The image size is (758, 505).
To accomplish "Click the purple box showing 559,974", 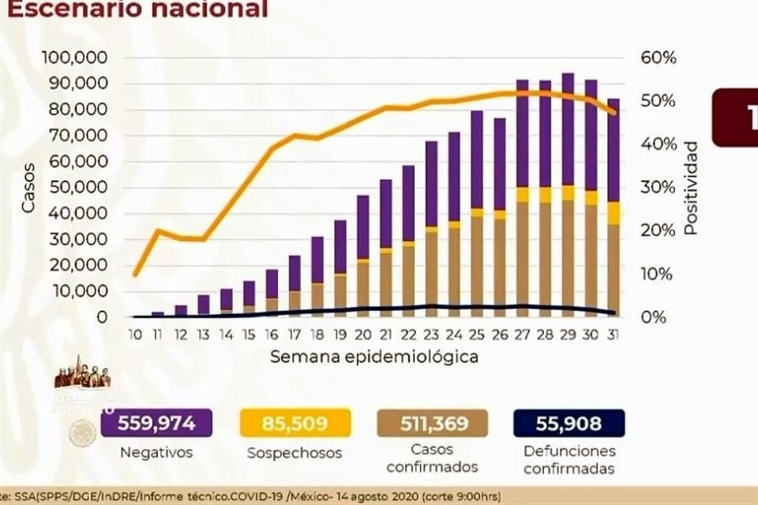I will pos(156,424).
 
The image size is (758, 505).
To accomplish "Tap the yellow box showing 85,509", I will pos(295,424).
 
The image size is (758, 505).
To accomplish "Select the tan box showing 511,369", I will pos(433,424).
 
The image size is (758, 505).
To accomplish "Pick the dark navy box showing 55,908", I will pos(568,424).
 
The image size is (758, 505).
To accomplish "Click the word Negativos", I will pos(156,453).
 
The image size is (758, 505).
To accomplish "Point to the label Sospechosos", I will pos(295,453).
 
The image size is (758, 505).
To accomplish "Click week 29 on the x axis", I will pos(567,334).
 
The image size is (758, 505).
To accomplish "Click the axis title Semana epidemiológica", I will pos(373,357).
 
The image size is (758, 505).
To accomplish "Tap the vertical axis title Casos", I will pos(29,187).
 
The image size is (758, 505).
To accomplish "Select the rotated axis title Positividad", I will pos(691,188).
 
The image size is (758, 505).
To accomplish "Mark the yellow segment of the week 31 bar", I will pos(613,213).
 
